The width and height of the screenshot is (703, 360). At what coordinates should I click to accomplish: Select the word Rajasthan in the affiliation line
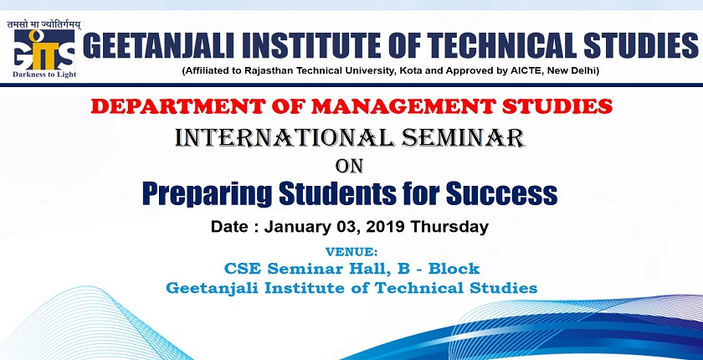(287, 70)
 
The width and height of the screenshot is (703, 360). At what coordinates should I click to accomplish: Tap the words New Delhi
(596, 70)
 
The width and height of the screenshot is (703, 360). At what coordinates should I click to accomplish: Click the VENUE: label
(351, 251)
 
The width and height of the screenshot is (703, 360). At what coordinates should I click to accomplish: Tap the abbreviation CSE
(244, 269)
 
